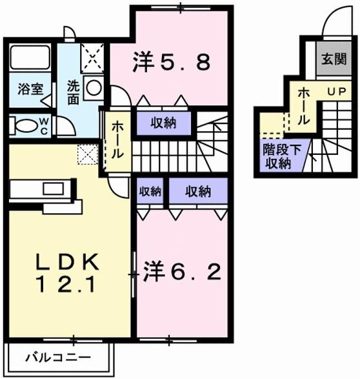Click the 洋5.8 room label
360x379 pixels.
point(171,62)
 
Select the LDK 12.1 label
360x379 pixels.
point(67,271)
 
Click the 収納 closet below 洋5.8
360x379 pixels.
point(165,123)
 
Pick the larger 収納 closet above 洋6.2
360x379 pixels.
point(198,191)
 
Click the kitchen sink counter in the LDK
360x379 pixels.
point(45,190)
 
